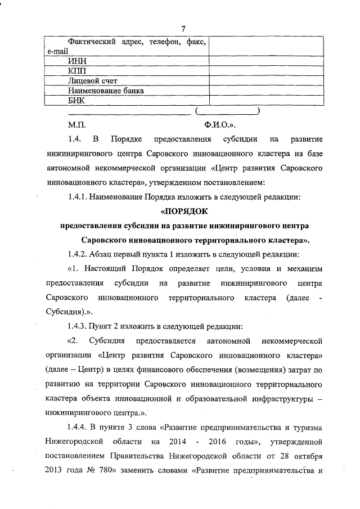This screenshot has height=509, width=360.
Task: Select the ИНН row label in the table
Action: point(76,61)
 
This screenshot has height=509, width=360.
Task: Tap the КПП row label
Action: point(77,71)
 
